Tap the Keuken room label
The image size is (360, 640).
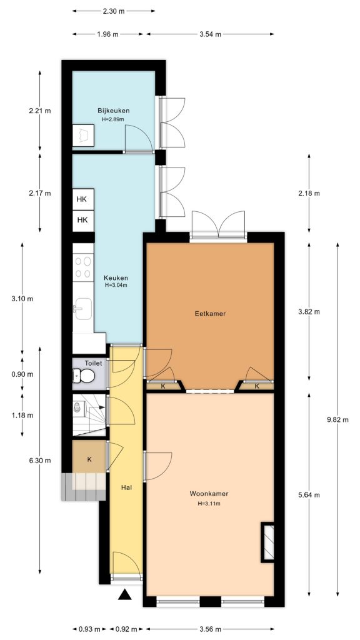(x=116, y=278)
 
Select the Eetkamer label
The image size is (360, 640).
(x=210, y=314)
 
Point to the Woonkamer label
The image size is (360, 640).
(x=209, y=494)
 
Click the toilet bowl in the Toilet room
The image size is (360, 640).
(x=86, y=376)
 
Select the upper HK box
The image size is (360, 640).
(x=82, y=199)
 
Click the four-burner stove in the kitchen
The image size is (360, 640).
(x=82, y=268)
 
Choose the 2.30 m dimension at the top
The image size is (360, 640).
(x=113, y=11)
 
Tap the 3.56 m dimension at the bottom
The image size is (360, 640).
(x=209, y=629)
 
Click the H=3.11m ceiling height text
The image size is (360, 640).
(x=209, y=503)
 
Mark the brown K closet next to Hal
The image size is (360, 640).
(x=89, y=459)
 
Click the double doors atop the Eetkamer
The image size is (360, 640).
(x=219, y=226)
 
